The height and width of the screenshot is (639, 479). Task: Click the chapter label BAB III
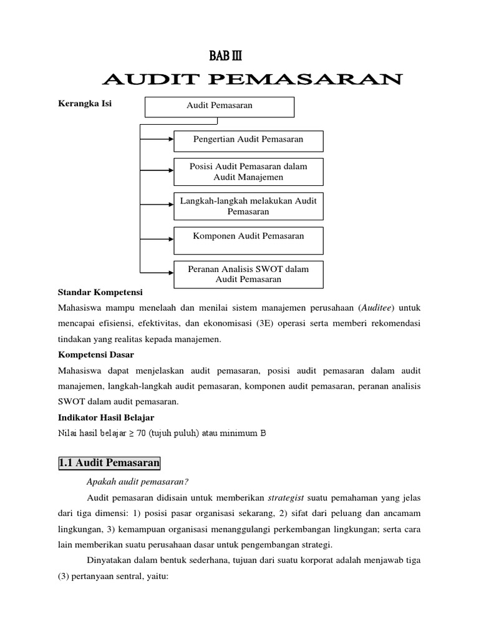[x=225, y=57]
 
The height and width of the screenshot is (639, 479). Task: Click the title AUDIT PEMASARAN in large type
[x=252, y=80]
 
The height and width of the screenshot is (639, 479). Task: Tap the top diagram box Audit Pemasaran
[x=220, y=107]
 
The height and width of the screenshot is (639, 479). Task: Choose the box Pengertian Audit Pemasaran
[x=248, y=140]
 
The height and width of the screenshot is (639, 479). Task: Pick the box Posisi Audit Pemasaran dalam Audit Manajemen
[x=248, y=172]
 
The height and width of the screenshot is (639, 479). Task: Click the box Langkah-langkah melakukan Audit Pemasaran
[x=248, y=206]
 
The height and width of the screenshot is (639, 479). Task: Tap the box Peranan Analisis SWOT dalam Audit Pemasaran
[x=248, y=274]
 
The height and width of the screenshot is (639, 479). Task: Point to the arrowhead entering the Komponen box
[x=170, y=240]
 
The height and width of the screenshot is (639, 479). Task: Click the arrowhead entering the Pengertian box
[x=170, y=140]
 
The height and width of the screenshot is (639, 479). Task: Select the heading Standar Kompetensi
[x=100, y=292]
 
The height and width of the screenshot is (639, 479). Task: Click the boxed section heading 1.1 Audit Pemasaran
[x=109, y=464]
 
